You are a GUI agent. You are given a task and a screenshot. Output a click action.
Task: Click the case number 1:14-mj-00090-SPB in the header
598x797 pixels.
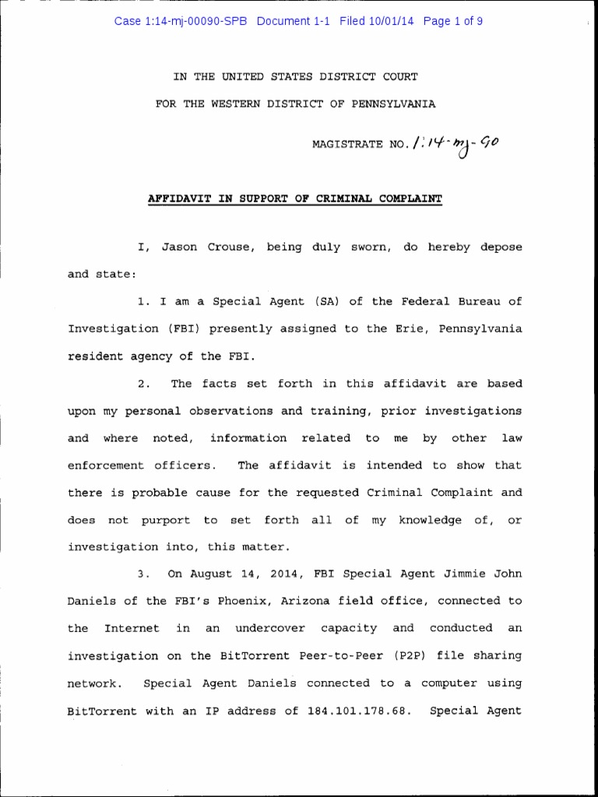pos(181,21)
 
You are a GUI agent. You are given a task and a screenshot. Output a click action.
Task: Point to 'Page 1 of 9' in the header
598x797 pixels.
pos(453,21)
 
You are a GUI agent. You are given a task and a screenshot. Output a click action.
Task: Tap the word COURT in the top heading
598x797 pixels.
pos(399,76)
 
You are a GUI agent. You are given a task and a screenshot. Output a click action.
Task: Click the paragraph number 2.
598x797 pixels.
pos(141,384)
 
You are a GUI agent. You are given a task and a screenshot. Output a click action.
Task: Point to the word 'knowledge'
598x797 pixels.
pos(431,520)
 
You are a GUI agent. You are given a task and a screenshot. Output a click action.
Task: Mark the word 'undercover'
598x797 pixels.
pos(258,628)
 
